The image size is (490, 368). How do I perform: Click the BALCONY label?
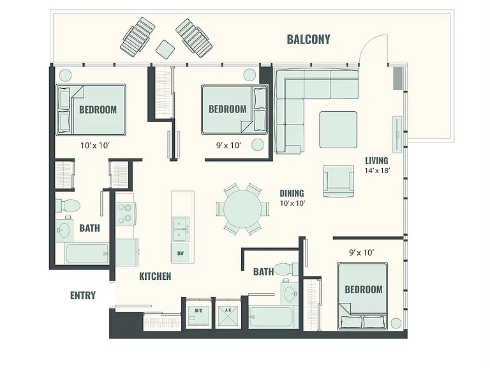click(308, 40)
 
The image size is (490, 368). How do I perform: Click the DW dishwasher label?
click(181, 254)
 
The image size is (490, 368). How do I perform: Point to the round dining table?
click(243, 209)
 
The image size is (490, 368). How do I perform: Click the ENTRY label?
click(83, 295)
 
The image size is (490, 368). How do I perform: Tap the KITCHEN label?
click(155, 276)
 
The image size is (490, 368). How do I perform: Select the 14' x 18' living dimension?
click(378, 171)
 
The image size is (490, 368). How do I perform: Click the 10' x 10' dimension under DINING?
click(292, 203)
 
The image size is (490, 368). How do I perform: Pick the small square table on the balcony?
click(165, 49)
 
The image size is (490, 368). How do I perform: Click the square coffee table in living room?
click(338, 130)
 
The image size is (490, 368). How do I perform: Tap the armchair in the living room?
click(339, 181)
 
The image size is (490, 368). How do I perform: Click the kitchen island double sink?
click(181, 229)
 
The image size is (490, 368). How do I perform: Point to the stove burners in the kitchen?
click(125, 213)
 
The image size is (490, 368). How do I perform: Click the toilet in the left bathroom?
click(68, 206)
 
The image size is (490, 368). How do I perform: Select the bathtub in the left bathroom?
click(87, 254)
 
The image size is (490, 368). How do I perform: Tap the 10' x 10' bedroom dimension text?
click(95, 146)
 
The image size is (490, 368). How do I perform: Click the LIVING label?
click(376, 161)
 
